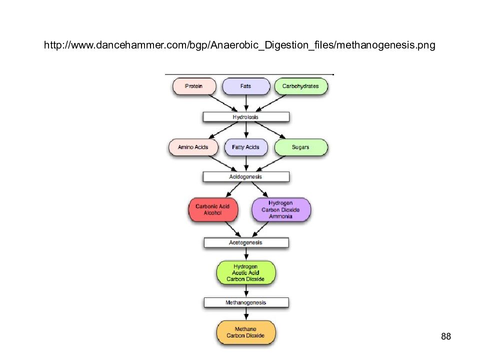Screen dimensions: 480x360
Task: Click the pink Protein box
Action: pyautogui.click(x=194, y=86)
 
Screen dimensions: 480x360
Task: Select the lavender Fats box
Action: pyautogui.click(x=246, y=86)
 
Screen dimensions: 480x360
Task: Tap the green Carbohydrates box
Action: pyautogui.click(x=301, y=86)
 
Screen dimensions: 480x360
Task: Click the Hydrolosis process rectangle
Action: pyautogui.click(x=246, y=117)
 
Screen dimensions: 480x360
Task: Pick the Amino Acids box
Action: pyautogui.click(x=193, y=147)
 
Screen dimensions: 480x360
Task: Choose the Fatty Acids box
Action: pyautogui.click(x=246, y=147)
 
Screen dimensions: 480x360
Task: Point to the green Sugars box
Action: pyautogui.click(x=301, y=147)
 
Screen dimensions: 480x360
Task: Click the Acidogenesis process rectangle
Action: pyautogui.click(x=246, y=176)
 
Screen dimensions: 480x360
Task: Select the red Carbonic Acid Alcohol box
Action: pyautogui.click(x=213, y=209)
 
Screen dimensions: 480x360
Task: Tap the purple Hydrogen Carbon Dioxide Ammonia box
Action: pyautogui.click(x=281, y=209)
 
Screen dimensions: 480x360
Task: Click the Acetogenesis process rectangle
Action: pyautogui.click(x=246, y=242)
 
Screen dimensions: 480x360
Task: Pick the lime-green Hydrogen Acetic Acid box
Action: pyautogui.click(x=246, y=273)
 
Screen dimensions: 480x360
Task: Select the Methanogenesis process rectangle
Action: pyautogui.click(x=246, y=302)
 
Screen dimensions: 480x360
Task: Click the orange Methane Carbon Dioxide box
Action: pyautogui.click(x=246, y=332)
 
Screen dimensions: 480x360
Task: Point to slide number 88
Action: pyautogui.click(x=446, y=336)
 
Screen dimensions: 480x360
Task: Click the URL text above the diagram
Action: pyautogui.click(x=239, y=45)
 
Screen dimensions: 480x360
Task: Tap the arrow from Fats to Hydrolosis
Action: pyautogui.click(x=246, y=103)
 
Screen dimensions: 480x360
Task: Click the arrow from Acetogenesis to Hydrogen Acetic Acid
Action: pyautogui.click(x=246, y=254)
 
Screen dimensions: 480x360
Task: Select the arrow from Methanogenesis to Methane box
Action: pyautogui.click(x=246, y=314)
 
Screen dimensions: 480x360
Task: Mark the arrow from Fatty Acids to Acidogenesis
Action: pyautogui.click(x=246, y=164)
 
